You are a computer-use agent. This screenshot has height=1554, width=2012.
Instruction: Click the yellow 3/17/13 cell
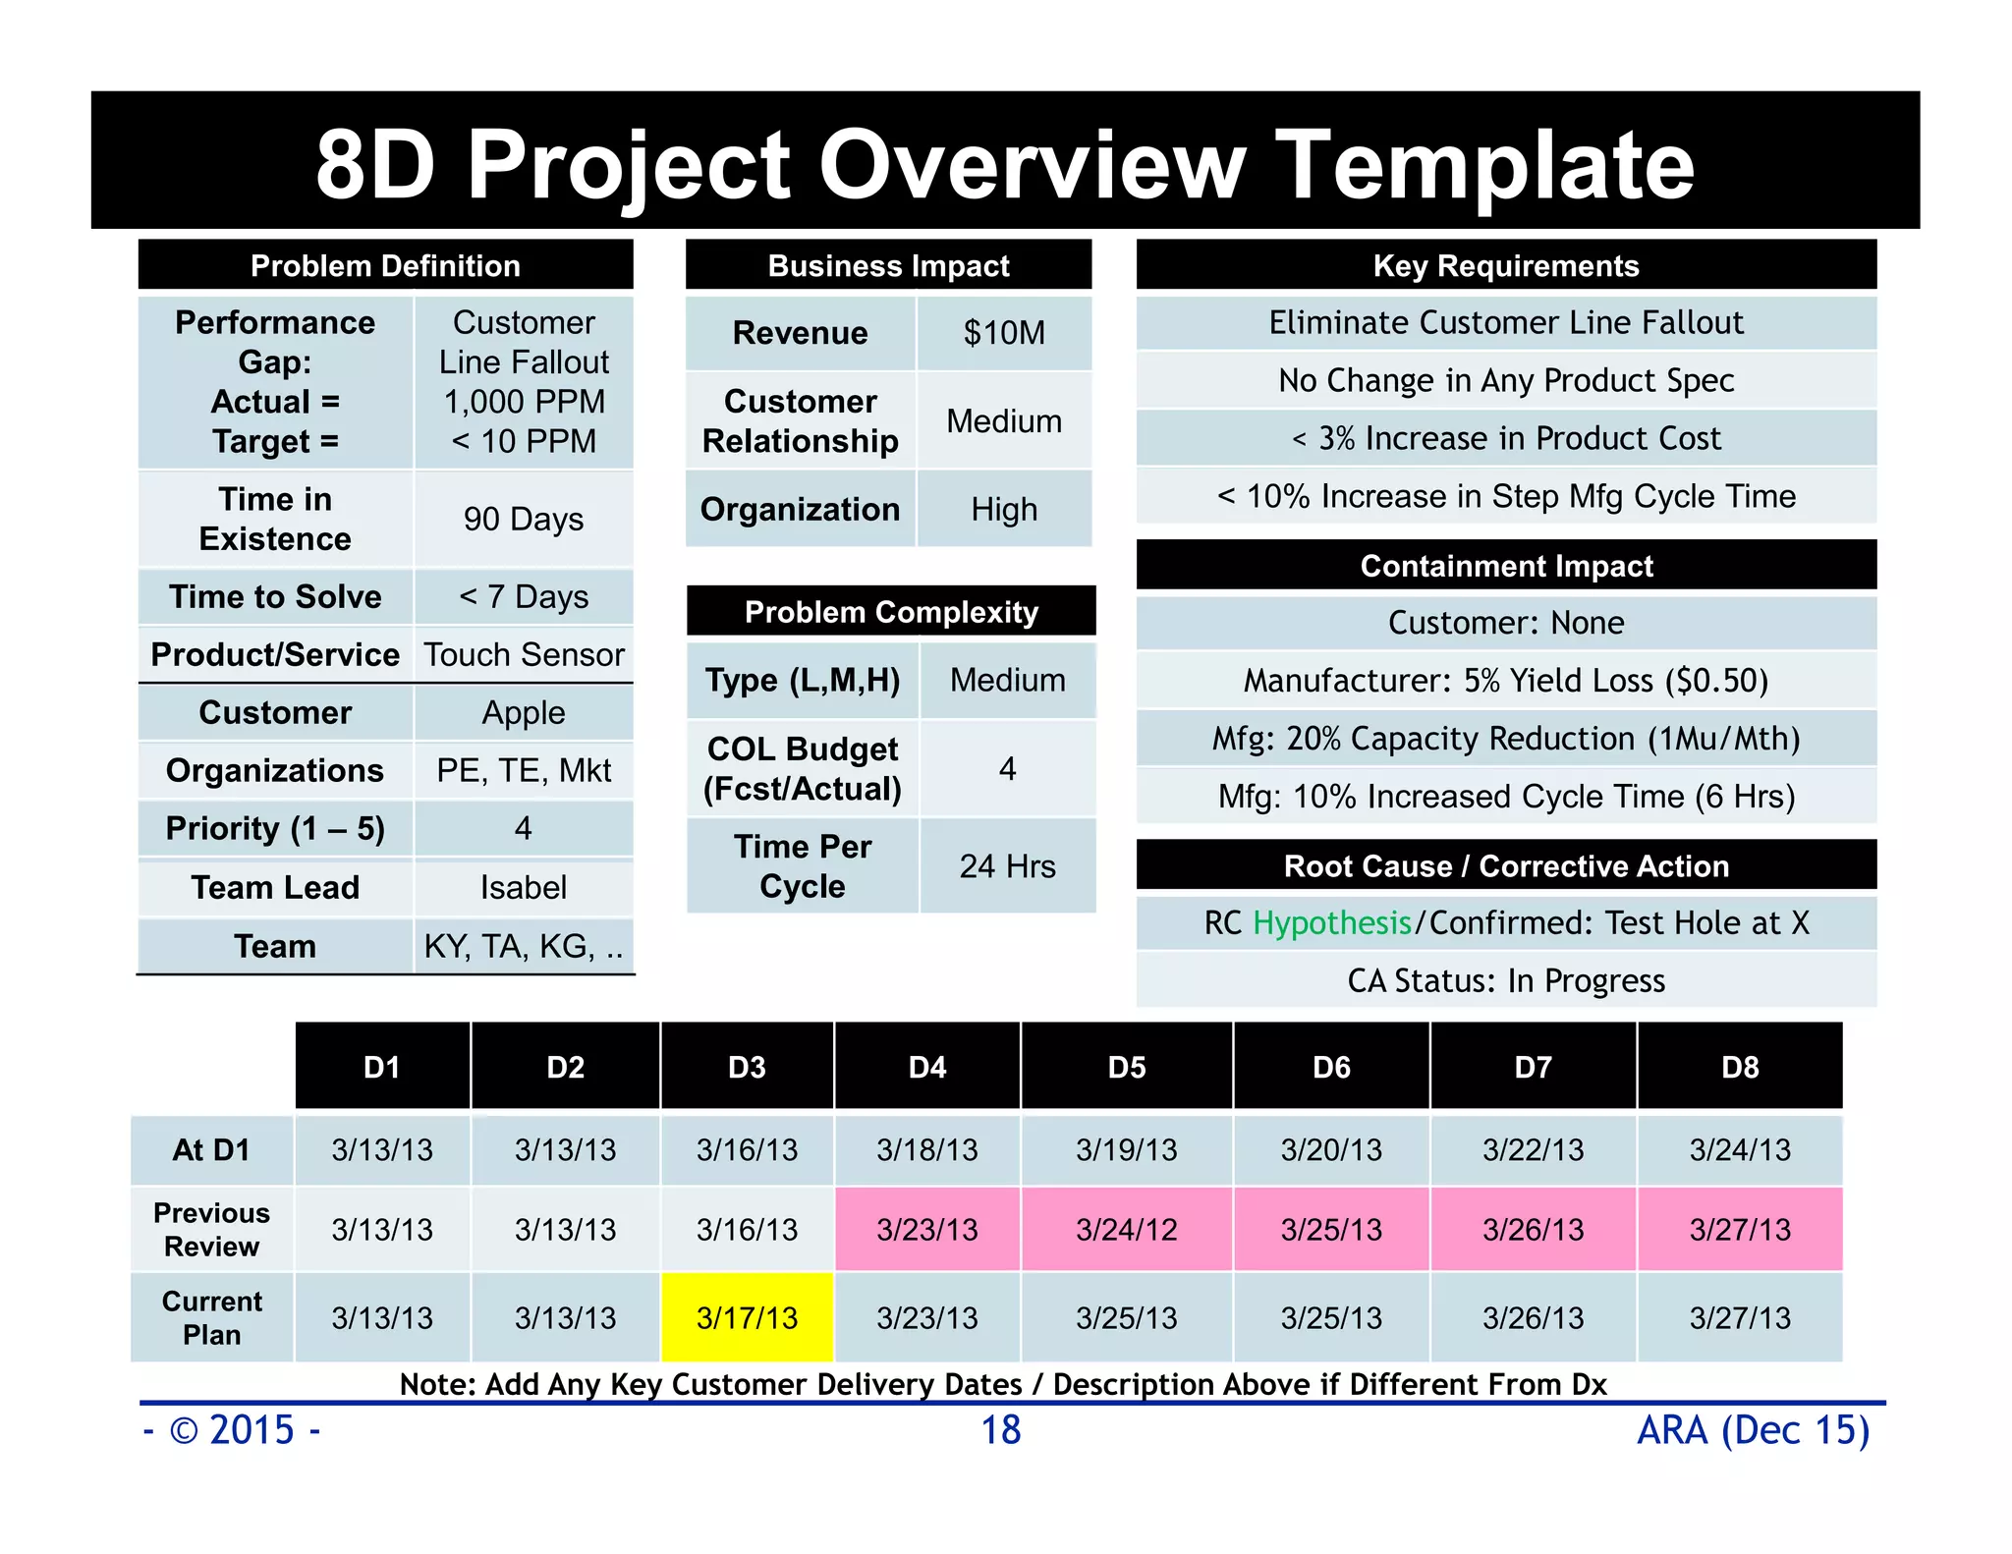(x=747, y=1317)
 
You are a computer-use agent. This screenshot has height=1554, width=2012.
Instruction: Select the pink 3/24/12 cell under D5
(x=1126, y=1229)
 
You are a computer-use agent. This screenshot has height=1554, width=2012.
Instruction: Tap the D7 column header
(x=1533, y=1067)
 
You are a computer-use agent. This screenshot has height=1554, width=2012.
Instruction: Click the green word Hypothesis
(x=1331, y=922)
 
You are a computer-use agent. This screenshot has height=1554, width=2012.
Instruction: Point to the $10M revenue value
(x=1004, y=333)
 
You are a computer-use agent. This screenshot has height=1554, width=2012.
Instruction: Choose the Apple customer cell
(x=523, y=712)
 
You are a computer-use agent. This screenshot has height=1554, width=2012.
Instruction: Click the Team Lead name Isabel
(x=523, y=887)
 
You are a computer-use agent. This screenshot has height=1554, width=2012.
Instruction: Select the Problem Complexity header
(x=891, y=612)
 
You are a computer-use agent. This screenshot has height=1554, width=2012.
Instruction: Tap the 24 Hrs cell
(x=1007, y=865)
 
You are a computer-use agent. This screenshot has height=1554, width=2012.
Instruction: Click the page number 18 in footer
(x=1001, y=1429)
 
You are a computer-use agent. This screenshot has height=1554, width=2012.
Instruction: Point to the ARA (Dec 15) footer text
(x=1753, y=1429)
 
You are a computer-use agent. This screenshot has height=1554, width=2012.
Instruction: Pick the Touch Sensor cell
(x=523, y=654)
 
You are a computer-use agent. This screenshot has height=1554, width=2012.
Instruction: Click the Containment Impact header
(x=1506, y=566)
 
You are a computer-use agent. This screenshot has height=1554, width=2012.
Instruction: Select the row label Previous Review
(x=211, y=1229)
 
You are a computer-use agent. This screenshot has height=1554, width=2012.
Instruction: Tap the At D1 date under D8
(x=1739, y=1149)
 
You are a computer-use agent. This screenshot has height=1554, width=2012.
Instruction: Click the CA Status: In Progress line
(x=1506, y=980)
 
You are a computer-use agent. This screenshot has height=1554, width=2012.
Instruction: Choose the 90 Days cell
(x=523, y=519)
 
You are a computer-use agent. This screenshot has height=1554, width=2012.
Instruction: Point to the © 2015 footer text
(x=233, y=1429)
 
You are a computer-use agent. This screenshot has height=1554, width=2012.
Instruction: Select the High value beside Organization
(x=1004, y=509)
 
